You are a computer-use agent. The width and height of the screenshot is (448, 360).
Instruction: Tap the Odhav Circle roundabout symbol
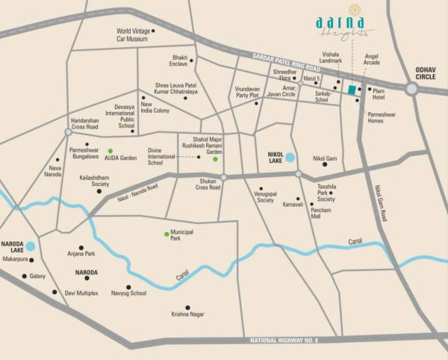(x=411, y=89)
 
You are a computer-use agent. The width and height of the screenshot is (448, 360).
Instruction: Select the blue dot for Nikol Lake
(x=290, y=158)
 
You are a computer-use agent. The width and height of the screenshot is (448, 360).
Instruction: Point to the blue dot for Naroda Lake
(x=31, y=245)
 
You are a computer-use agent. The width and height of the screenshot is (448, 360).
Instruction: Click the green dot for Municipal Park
(x=167, y=234)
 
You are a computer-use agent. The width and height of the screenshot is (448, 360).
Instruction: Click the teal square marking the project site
(x=351, y=90)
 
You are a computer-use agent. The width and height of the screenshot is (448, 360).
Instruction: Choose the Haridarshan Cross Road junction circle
(x=68, y=131)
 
